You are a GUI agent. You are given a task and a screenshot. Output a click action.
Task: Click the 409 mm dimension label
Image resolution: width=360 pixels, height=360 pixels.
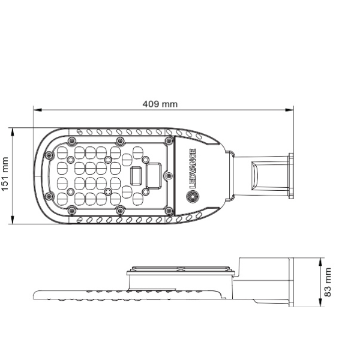(160, 104)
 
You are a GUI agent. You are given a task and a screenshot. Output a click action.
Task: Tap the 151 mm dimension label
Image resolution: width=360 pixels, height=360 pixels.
(5, 174)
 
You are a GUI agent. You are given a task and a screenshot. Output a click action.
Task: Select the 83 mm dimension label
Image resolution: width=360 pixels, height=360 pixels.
(328, 282)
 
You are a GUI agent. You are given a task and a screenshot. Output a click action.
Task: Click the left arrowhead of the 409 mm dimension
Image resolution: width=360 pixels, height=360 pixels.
(37, 110)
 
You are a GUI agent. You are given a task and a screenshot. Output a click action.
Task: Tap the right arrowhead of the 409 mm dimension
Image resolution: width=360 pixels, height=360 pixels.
(290, 110)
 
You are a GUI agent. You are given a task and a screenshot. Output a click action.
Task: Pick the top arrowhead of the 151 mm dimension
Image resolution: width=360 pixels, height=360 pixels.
(13, 132)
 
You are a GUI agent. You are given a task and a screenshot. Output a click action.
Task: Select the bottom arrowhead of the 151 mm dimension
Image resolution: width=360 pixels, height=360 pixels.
(13, 220)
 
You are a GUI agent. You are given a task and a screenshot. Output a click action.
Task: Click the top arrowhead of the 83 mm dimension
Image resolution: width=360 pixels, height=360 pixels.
(320, 262)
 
